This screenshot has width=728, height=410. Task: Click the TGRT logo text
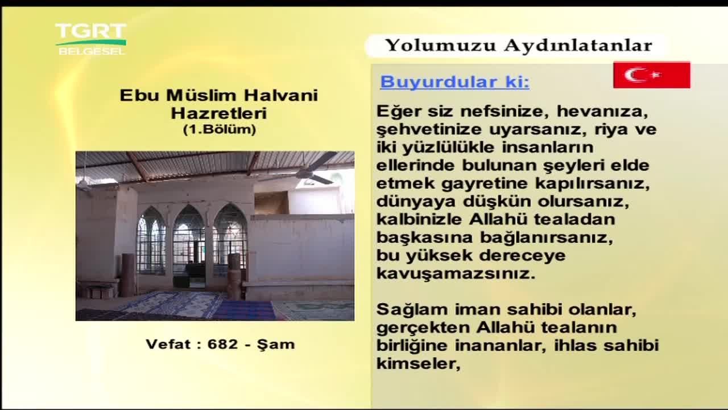(x=90, y=31)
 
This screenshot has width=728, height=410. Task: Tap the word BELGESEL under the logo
(x=92, y=51)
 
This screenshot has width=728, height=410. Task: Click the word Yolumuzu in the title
(x=440, y=45)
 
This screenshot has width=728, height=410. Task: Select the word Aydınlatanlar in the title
(x=578, y=45)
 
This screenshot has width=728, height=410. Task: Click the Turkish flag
(x=652, y=75)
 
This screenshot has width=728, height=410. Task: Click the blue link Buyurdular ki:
(x=454, y=81)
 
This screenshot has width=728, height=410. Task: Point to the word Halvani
(x=281, y=95)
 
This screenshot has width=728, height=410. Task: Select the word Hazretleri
(x=219, y=113)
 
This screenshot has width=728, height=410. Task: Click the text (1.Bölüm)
(x=220, y=129)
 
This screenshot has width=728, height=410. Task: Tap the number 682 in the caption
(x=222, y=345)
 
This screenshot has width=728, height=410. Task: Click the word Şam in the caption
(x=276, y=345)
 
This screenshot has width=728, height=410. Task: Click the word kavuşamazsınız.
(x=456, y=274)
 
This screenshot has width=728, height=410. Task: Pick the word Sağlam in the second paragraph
(x=412, y=309)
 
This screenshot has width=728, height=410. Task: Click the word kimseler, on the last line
(x=419, y=363)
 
